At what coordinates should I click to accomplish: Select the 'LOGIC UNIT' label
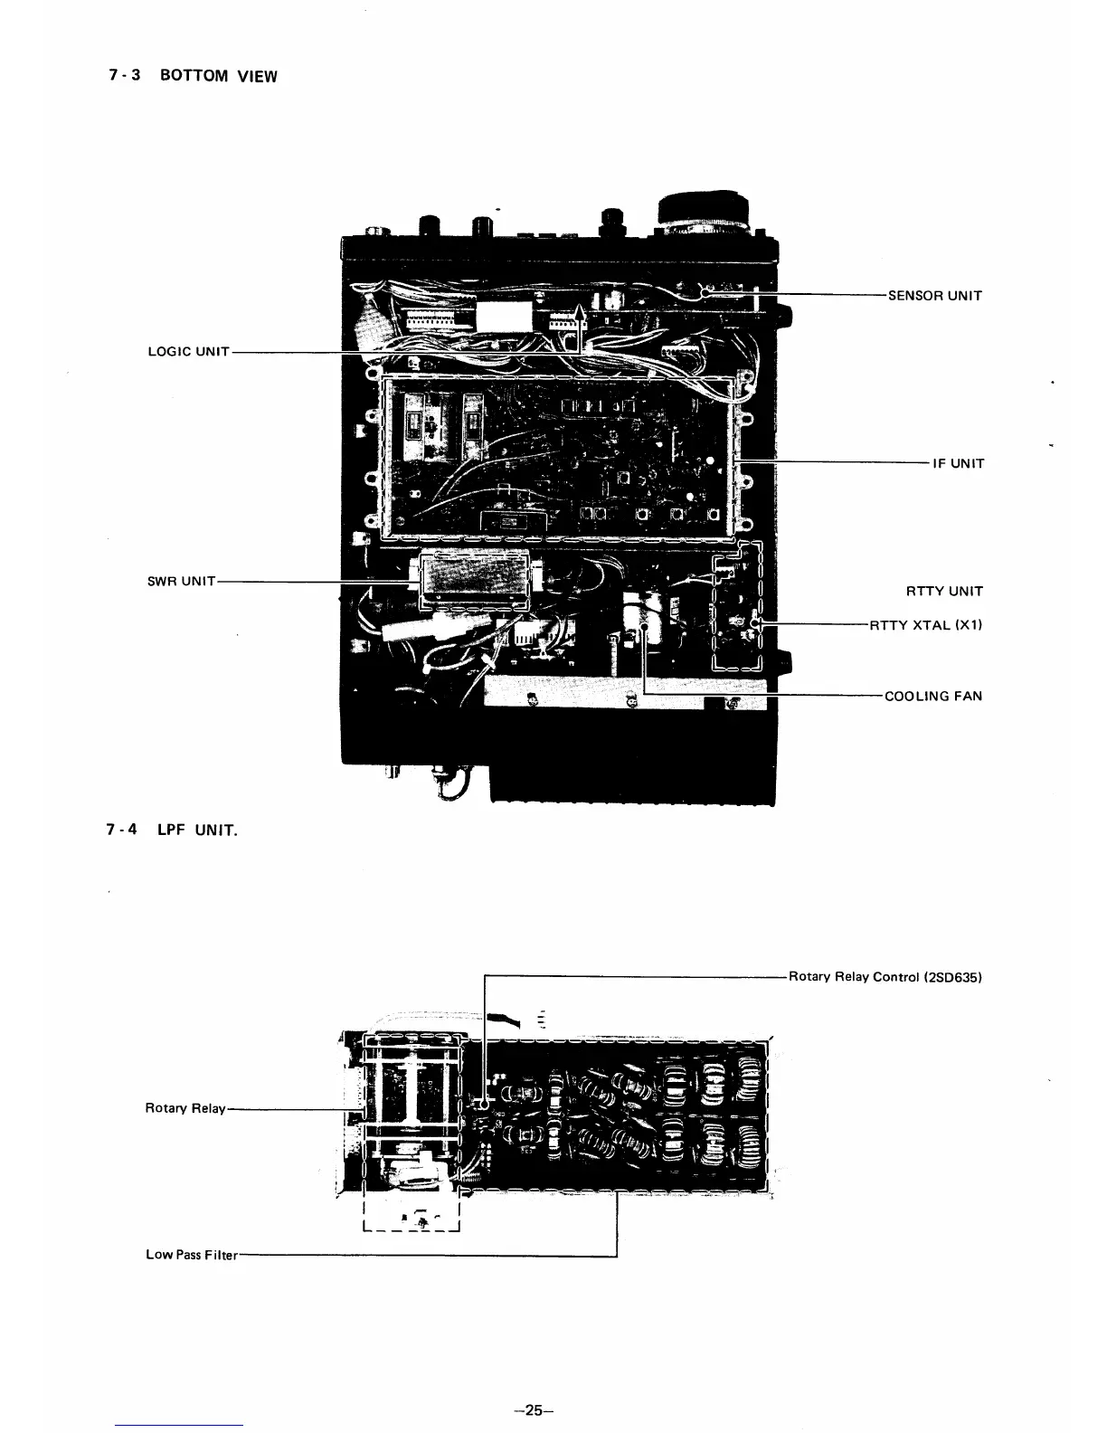pyautogui.click(x=187, y=351)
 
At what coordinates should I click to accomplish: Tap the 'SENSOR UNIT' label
pyautogui.click(x=934, y=295)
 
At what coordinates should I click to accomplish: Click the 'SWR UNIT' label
pyautogui.click(x=181, y=581)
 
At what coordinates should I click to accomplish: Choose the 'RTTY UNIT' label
pyautogui.click(x=943, y=591)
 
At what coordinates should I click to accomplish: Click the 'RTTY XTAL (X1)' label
pyautogui.click(x=925, y=624)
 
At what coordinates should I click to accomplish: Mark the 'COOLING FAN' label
pyautogui.click(x=932, y=696)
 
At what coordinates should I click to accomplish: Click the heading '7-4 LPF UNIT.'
pyautogui.click(x=172, y=830)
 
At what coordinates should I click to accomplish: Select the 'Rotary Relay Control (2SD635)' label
pyautogui.click(x=885, y=977)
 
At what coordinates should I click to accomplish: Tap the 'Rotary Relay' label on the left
pyautogui.click(x=184, y=1107)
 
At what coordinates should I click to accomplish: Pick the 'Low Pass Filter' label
pyautogui.click(x=191, y=1255)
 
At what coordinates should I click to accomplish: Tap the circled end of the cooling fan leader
pyautogui.click(x=644, y=623)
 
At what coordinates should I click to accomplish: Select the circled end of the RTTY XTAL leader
pyautogui.click(x=758, y=623)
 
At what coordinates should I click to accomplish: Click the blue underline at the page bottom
pyautogui.click(x=180, y=1425)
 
